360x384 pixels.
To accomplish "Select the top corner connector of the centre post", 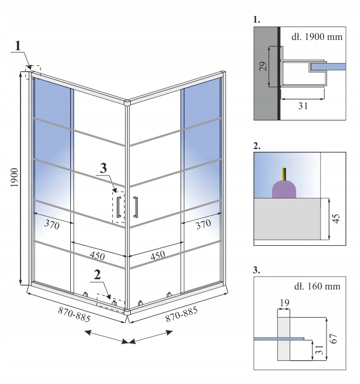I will (x=128, y=102).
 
